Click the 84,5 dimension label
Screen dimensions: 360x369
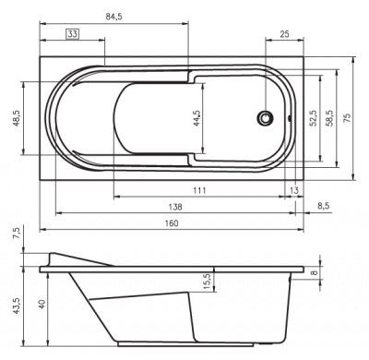coord(115,15)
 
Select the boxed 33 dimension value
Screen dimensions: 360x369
coord(73,34)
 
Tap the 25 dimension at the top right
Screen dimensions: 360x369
coord(284,34)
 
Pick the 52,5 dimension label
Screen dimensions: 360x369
coord(314,118)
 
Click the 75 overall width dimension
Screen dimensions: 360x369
coord(347,118)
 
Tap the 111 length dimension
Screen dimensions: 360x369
coord(197,189)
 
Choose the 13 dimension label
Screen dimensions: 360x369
coord(293,189)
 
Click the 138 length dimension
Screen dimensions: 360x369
coord(175,207)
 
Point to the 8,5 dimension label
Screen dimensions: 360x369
coord(324,207)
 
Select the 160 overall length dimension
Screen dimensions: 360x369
coord(173,223)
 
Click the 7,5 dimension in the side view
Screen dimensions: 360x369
coord(16,235)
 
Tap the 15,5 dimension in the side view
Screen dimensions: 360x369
coord(208,278)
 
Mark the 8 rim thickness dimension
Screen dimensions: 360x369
coord(315,271)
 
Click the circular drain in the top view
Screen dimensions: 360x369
coord(267,118)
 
